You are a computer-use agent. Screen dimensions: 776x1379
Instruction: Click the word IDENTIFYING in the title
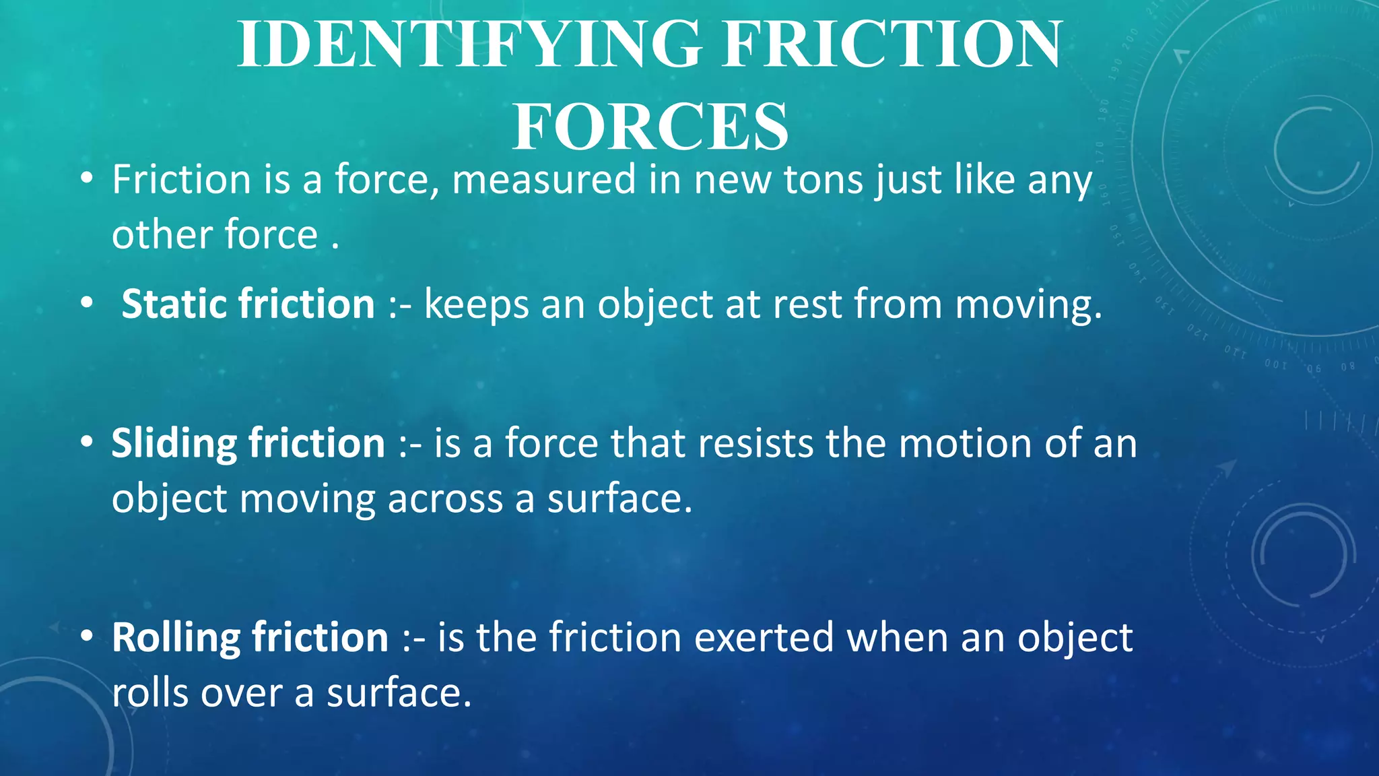click(x=469, y=44)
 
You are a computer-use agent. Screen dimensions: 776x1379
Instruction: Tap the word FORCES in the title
click(x=650, y=127)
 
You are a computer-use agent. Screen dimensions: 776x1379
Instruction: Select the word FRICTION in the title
click(x=892, y=44)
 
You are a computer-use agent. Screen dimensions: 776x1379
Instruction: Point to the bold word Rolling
click(x=176, y=637)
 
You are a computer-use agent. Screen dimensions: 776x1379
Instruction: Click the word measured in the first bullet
click(x=543, y=181)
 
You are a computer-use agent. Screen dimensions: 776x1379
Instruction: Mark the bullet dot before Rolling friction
click(x=86, y=637)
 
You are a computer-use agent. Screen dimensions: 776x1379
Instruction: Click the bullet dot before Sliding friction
click(x=86, y=443)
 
